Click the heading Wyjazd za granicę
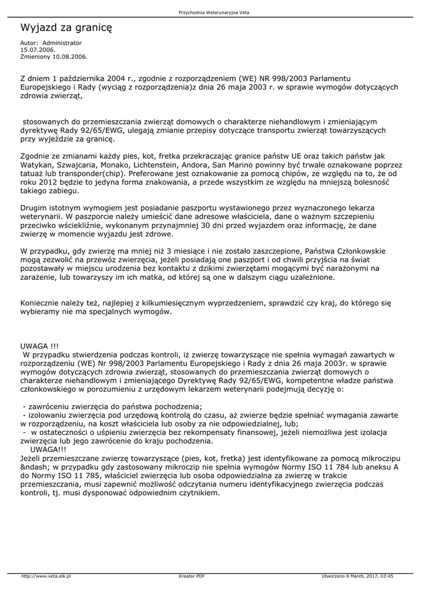pos(66,27)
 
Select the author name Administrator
pos(62,43)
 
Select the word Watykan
pos(37,166)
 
